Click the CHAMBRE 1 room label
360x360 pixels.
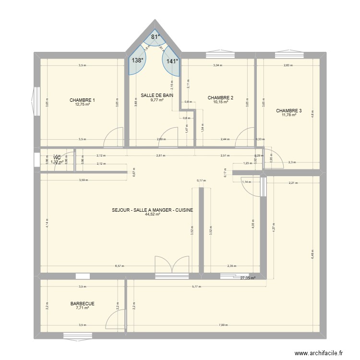click(82, 100)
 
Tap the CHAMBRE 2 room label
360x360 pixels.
click(220, 97)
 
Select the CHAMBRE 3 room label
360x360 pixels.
click(289, 110)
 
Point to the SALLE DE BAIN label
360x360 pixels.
click(157, 96)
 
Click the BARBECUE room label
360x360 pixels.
click(82, 304)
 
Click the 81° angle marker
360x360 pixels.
click(155, 37)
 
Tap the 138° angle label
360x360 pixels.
click(138, 61)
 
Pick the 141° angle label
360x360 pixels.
click(172, 61)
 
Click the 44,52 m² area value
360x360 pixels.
click(152, 215)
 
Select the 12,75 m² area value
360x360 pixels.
click(82, 105)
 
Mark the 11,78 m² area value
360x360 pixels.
click(289, 115)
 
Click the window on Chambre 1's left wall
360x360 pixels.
click(36, 102)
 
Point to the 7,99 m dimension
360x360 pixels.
click(223, 325)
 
